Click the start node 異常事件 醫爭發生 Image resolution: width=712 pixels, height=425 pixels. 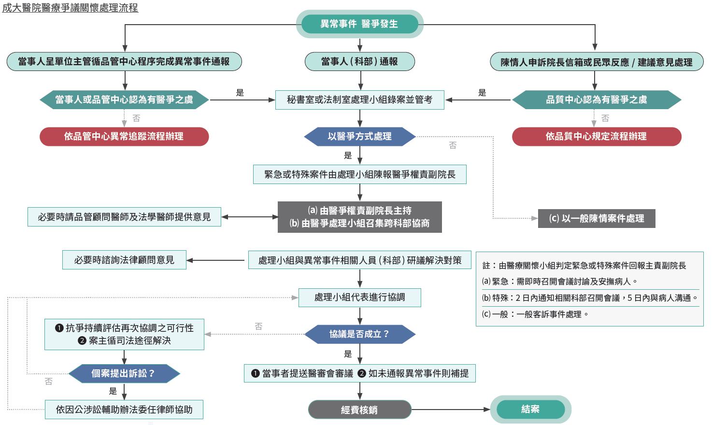pos(359,24)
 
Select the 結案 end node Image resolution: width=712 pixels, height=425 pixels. pos(530,409)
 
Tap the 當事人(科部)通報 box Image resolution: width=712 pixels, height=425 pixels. pos(359,61)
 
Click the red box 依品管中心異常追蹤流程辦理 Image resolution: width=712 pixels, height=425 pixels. pos(124,136)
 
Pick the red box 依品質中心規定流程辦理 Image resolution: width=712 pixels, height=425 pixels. pos(596,136)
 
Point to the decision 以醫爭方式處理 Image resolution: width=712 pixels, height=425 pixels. pos(359,136)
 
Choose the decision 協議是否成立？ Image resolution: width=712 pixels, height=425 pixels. pos(359,334)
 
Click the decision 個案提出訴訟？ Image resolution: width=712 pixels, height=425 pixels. pos(124,373)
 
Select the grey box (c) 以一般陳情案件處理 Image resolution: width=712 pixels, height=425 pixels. pos(596,218)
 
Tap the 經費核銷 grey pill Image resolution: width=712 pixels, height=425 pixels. pos(359,410)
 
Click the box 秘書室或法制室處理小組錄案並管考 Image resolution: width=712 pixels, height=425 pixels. pos(359,99)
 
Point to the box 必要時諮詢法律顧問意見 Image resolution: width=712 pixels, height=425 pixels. pos(124,260)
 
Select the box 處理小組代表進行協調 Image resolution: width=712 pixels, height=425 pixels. pos(359,297)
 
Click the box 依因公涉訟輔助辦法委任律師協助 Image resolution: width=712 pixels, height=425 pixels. pos(124,410)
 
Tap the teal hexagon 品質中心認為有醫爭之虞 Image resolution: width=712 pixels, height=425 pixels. pos(596,99)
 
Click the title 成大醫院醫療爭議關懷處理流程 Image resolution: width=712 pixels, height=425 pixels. pos(70,8)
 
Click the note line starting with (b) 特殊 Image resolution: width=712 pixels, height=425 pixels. pos(589,298)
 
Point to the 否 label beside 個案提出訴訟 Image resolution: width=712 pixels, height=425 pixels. pos(49,382)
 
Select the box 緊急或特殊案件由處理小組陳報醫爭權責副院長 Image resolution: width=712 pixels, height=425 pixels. pos(359,174)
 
